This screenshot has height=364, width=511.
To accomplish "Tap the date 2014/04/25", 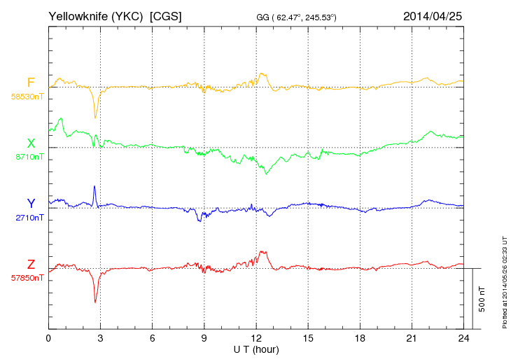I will point(433,15).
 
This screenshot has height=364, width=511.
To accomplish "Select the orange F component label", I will point(31,83).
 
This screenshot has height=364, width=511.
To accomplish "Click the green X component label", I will point(31,143).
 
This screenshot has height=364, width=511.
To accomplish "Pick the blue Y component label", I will point(31,204).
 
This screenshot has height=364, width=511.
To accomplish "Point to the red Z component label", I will point(31,264).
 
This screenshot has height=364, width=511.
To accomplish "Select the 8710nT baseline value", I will point(29,157).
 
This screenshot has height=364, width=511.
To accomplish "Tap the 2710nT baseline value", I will point(29,218).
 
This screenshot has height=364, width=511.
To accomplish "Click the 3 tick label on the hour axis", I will point(100,338).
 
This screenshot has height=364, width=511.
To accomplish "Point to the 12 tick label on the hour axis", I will point(256,338).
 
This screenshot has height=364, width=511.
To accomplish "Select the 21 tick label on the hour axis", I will point(412,338).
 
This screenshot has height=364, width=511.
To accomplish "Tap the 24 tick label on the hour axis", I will point(463,338).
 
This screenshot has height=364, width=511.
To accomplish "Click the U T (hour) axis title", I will point(256,349).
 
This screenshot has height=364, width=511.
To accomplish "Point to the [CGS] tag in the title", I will point(166,15).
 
